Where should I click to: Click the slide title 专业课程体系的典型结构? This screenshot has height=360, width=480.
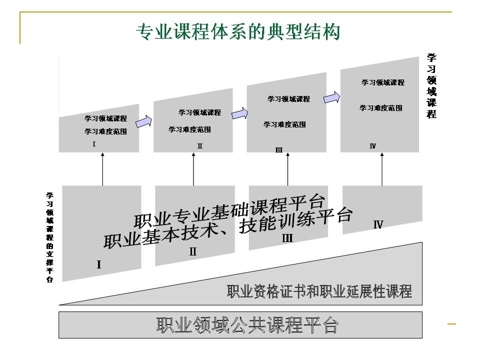tap(238, 32)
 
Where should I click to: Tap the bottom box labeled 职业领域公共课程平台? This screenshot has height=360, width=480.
tap(247, 325)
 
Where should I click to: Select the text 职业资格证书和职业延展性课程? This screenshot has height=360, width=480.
tap(319, 291)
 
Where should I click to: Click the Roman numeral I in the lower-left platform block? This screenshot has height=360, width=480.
tap(99, 264)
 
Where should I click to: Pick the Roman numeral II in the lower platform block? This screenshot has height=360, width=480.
tap(193, 251)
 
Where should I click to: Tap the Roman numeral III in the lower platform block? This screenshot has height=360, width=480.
tap(287, 238)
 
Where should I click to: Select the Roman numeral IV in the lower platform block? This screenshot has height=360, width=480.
tap(378, 224)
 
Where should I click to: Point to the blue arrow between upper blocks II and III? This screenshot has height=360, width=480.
tap(239, 113)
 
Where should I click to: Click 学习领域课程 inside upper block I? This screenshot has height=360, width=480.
tap(105, 118)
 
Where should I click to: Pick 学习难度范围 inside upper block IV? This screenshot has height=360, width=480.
tap(380, 108)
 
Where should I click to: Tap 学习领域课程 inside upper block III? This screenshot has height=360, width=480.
tap(288, 99)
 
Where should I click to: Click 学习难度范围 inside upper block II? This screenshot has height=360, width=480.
tap(189, 129)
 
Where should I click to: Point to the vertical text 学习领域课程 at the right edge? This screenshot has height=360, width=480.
tap(431, 86)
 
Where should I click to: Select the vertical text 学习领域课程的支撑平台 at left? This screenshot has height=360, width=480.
tap(50, 237)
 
